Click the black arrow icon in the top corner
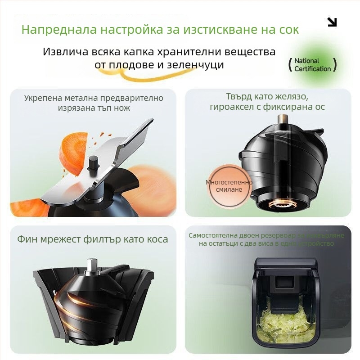tap(332, 22)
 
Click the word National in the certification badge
tap(306, 61)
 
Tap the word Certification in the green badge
tap(312, 69)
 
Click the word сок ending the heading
tap(288, 30)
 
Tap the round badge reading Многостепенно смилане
tap(229, 185)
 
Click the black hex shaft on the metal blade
tap(94, 163)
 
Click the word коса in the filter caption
tap(157, 239)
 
